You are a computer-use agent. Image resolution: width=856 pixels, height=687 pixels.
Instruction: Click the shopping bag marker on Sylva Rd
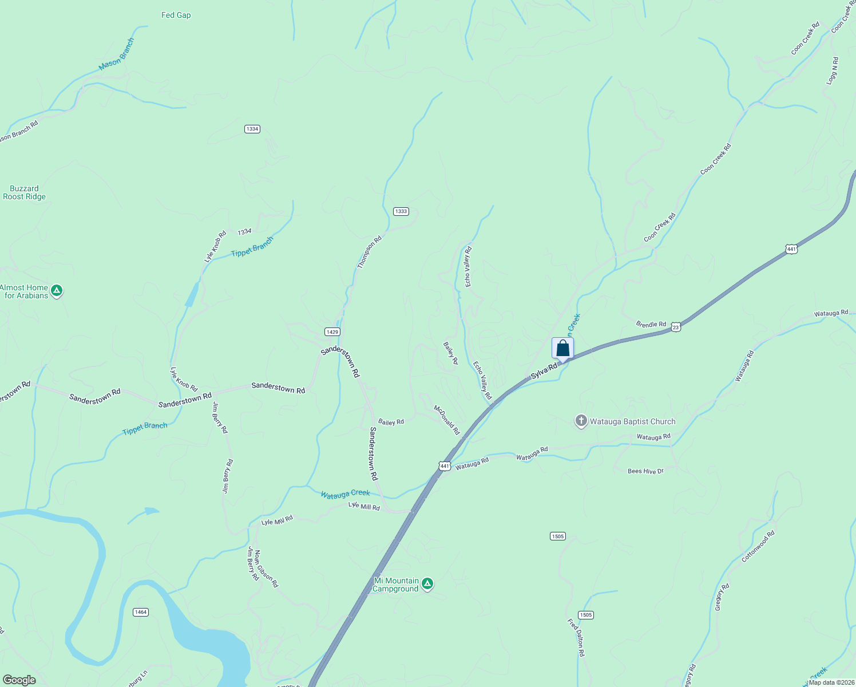[x=562, y=349]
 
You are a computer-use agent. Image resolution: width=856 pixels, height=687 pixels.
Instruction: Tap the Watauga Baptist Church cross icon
[x=581, y=422]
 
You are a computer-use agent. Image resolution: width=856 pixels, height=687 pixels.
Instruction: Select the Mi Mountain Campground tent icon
[x=427, y=585]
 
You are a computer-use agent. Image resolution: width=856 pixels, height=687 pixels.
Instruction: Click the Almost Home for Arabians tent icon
[x=57, y=291]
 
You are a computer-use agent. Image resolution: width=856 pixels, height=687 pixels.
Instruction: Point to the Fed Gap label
[x=176, y=15]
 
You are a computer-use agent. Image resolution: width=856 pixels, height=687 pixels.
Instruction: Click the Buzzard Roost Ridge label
[x=24, y=192]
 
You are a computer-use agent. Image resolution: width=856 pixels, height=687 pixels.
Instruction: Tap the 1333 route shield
[x=401, y=211]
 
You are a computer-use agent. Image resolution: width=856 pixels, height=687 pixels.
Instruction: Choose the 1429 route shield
[x=332, y=331]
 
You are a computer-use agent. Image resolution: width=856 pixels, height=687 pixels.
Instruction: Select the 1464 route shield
[x=140, y=612]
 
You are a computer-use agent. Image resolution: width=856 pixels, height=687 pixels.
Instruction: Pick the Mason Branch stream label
[x=116, y=55]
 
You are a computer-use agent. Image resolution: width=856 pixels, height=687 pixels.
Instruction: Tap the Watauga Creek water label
[x=345, y=493]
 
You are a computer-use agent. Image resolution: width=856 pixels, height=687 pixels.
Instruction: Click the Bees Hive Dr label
[x=645, y=471]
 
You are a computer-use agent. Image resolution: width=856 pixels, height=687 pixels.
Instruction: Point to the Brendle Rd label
[x=651, y=324]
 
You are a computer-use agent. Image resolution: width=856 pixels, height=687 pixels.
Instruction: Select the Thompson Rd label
[x=369, y=252]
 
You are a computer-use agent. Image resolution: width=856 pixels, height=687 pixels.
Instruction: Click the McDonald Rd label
[x=447, y=420]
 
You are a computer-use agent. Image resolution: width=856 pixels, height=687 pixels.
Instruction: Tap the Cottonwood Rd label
[x=758, y=546]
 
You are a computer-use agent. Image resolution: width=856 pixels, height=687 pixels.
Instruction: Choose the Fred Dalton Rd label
[x=576, y=637]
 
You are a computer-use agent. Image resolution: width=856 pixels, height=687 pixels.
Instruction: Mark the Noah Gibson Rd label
[x=266, y=568]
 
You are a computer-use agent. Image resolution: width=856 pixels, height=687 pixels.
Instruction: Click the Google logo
[x=19, y=680]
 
